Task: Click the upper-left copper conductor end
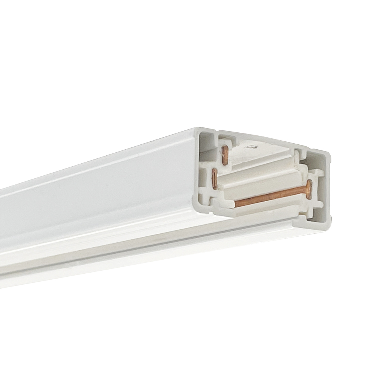pos(225,155)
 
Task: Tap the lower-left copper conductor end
pos(215,178)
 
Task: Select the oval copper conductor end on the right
pos(309,189)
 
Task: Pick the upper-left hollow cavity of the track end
pos(207,140)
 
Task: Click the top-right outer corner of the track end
pos(329,154)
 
